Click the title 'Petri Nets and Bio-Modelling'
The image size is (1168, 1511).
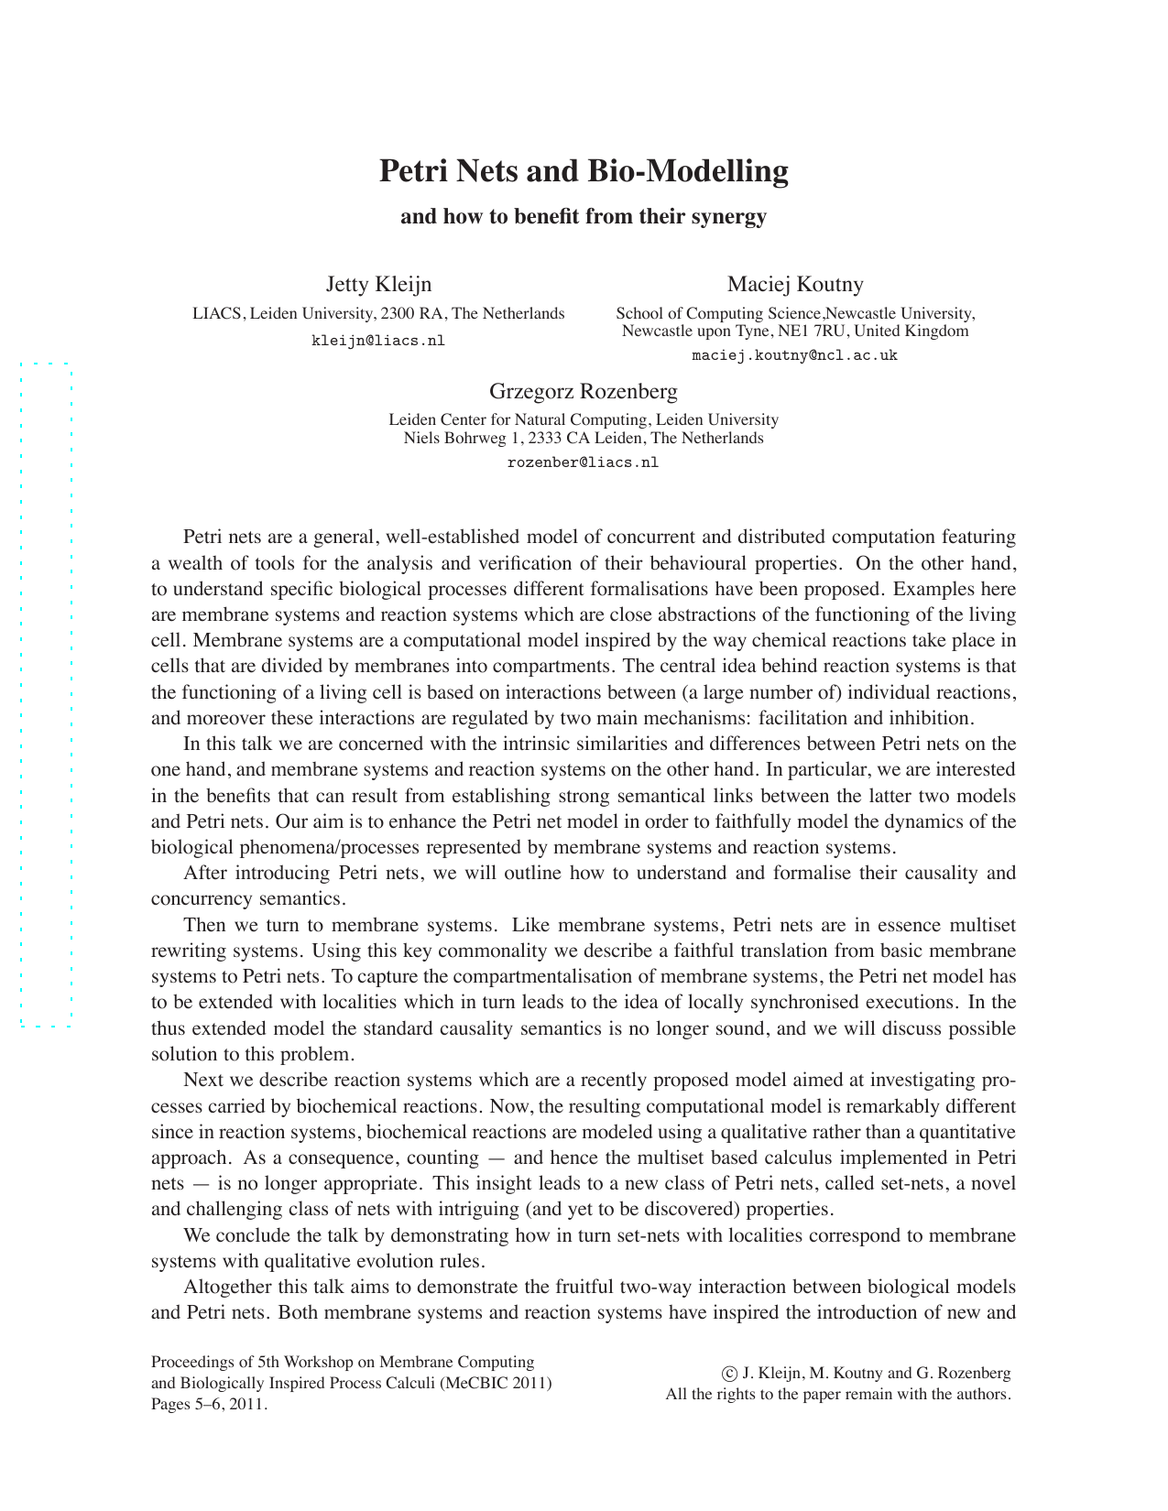click(x=584, y=171)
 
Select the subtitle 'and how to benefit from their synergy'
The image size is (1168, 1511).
click(x=584, y=217)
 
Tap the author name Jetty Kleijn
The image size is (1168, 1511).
click(x=378, y=284)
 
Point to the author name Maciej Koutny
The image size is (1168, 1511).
click(x=795, y=284)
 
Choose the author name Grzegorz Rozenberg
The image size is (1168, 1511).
click(x=584, y=392)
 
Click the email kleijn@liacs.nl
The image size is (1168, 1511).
click(x=378, y=341)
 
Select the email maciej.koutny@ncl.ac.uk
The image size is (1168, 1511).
click(x=795, y=355)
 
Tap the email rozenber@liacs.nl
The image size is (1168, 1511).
click(x=584, y=462)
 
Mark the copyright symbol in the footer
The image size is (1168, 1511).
click(x=729, y=1374)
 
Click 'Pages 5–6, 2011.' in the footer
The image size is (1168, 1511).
click(x=209, y=1404)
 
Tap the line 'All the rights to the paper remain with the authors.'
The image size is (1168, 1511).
click(x=838, y=1395)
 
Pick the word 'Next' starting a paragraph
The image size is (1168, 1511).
click(x=201, y=1081)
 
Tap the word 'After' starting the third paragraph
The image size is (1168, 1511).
click(x=204, y=873)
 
